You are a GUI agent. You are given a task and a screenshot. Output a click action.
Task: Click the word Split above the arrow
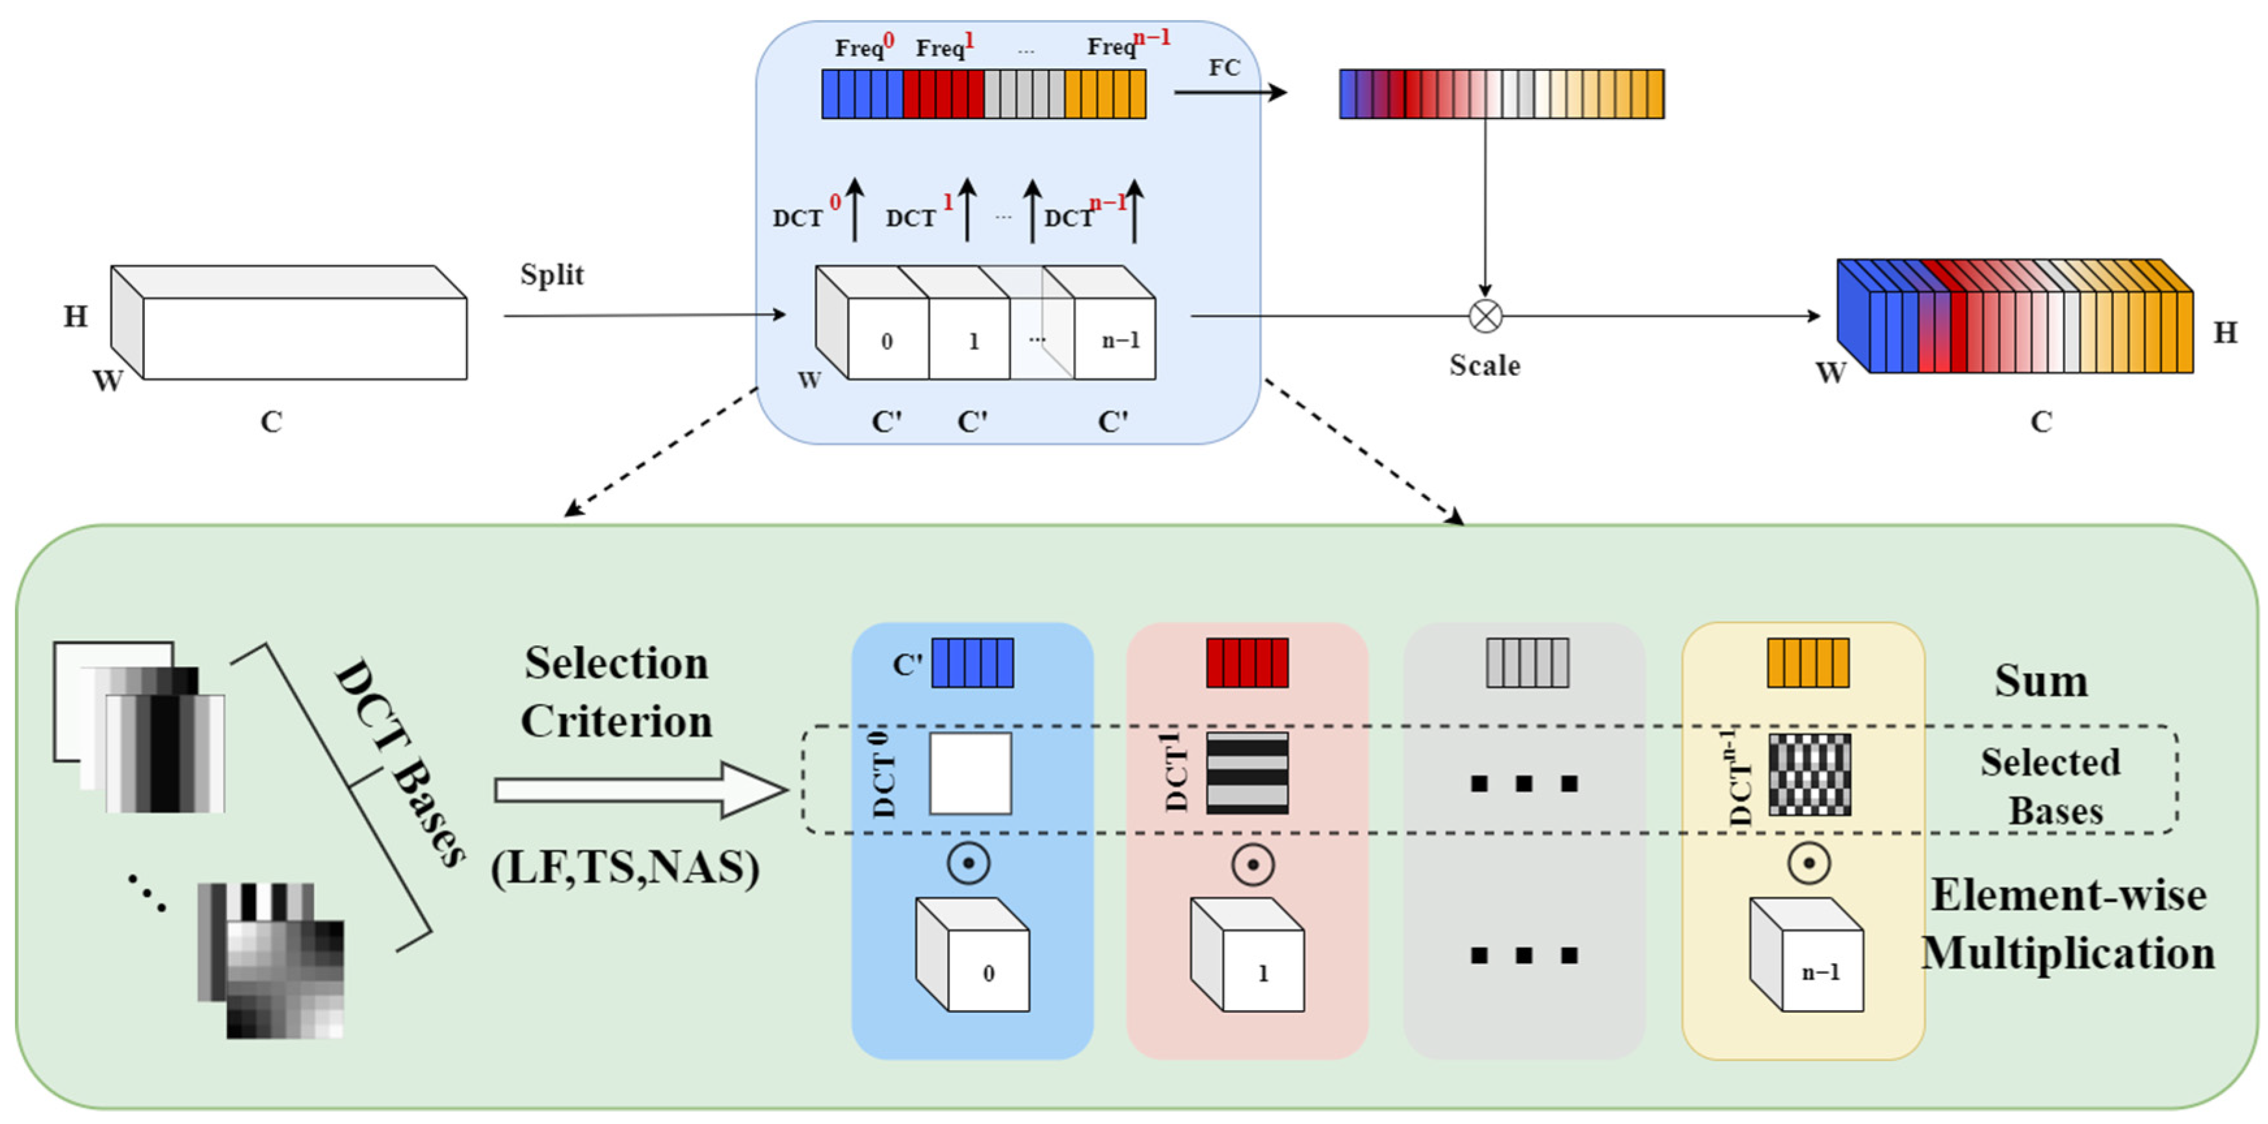(551, 275)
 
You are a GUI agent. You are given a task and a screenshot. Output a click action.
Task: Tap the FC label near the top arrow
(1224, 68)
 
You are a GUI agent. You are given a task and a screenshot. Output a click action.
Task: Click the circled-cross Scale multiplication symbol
(1485, 315)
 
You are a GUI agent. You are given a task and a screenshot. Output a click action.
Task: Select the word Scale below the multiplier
(1485, 366)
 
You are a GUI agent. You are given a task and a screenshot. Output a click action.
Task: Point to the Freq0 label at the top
(863, 46)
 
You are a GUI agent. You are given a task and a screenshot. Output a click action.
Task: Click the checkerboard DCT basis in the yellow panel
(1809, 774)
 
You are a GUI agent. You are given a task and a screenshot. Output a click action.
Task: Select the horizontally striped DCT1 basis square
(1247, 773)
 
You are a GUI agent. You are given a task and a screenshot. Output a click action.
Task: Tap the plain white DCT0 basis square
(971, 773)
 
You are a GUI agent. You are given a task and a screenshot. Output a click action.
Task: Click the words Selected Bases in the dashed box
(2052, 786)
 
